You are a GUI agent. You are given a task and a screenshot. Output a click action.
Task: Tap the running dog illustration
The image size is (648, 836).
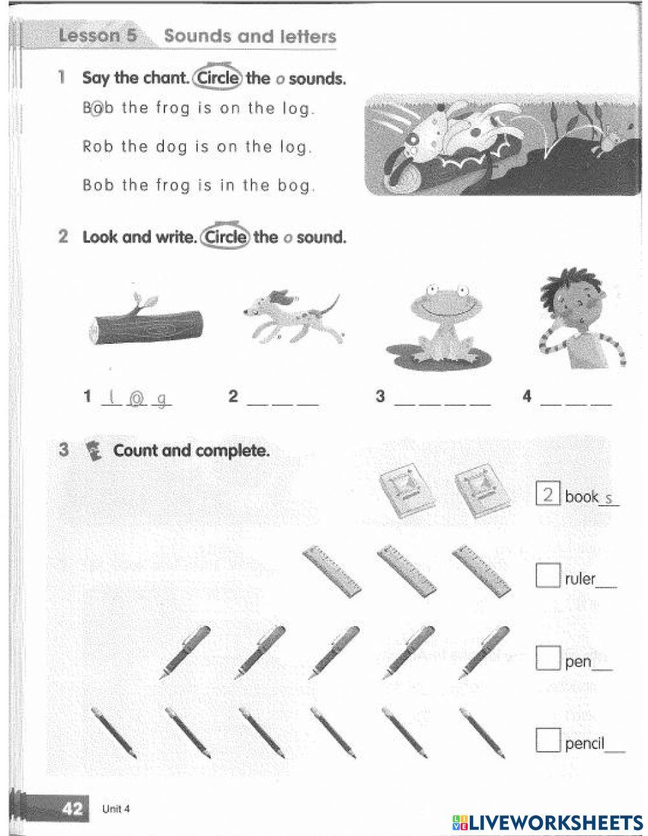[x=293, y=317]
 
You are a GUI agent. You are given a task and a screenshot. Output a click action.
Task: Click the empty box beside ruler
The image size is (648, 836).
[x=547, y=575]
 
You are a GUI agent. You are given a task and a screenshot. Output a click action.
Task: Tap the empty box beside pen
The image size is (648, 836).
[x=547, y=659]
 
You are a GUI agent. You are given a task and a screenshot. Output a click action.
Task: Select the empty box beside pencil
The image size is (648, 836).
[x=547, y=740]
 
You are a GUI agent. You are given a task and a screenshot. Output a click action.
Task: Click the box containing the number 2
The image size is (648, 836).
[x=547, y=495]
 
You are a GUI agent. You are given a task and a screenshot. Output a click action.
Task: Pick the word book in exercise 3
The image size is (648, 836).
[x=581, y=497]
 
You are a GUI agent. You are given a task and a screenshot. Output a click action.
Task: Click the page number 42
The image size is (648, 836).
[x=73, y=809]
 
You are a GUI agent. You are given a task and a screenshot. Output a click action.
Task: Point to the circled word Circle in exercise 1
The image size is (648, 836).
[x=218, y=78]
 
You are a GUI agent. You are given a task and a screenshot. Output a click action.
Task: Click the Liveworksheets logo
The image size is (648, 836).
[x=548, y=822]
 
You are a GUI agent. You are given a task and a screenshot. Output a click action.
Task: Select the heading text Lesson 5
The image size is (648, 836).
[x=98, y=36]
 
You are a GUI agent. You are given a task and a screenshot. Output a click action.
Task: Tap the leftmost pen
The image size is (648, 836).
[x=185, y=651]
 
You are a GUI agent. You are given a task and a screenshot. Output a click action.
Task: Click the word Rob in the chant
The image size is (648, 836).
[x=98, y=146]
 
